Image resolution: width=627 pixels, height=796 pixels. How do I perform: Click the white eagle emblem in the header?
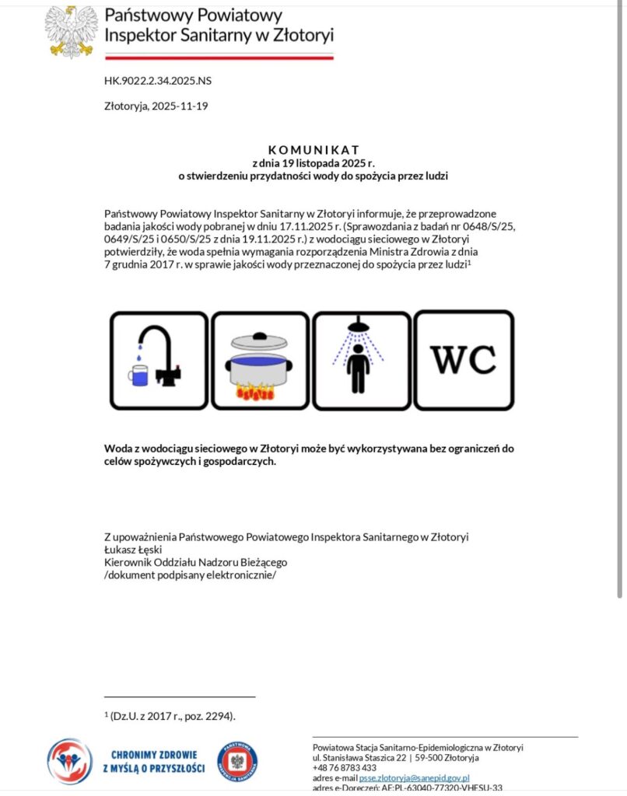click(x=72, y=31)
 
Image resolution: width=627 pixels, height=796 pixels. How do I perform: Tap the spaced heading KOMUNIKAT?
click(x=313, y=149)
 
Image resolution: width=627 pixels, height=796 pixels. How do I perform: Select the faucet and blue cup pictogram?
click(x=159, y=360)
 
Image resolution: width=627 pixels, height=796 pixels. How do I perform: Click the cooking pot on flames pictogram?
click(x=261, y=360)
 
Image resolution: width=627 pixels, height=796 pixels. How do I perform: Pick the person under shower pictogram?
click(x=360, y=360)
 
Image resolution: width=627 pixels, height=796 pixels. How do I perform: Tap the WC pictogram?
click(x=464, y=360)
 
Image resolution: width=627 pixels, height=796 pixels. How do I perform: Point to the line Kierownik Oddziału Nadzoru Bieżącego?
click(x=196, y=562)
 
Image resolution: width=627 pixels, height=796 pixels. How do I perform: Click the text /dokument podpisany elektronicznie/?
click(x=190, y=575)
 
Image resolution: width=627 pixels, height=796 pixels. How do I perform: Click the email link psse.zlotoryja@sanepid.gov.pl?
click(x=414, y=777)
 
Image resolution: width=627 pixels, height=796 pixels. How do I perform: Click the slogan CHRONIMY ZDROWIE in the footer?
click(x=154, y=754)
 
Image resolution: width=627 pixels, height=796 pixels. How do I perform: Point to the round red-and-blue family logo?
click(x=70, y=761)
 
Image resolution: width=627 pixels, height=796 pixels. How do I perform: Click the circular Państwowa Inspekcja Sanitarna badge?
click(x=238, y=761)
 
